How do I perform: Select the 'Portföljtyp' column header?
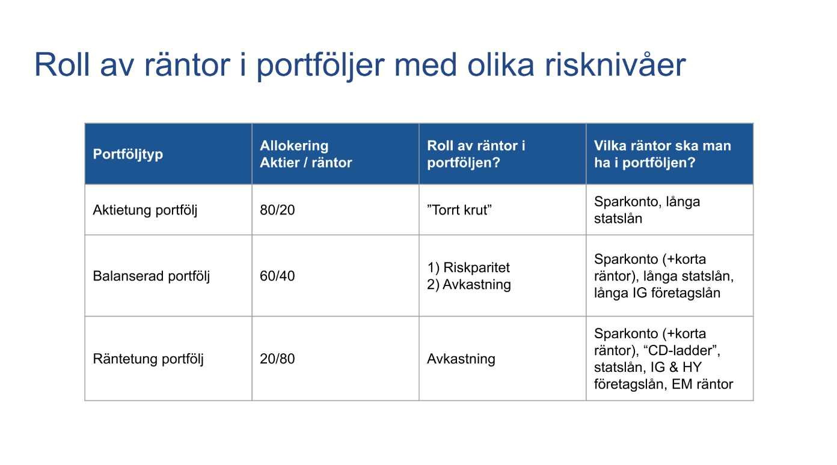127,154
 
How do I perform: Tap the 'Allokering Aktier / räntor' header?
305,154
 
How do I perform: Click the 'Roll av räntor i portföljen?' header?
476,154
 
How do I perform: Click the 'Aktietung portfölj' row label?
145,210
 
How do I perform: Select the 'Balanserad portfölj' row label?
151,276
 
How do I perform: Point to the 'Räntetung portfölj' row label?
148,359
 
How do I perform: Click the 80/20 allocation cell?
277,210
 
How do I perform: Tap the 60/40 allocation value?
277,276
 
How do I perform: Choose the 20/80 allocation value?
277,359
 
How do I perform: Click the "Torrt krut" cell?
459,210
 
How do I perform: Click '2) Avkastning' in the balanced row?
468,285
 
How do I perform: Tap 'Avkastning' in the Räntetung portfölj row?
461,359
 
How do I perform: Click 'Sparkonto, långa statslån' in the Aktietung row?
646,210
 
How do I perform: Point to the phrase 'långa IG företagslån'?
657,293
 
